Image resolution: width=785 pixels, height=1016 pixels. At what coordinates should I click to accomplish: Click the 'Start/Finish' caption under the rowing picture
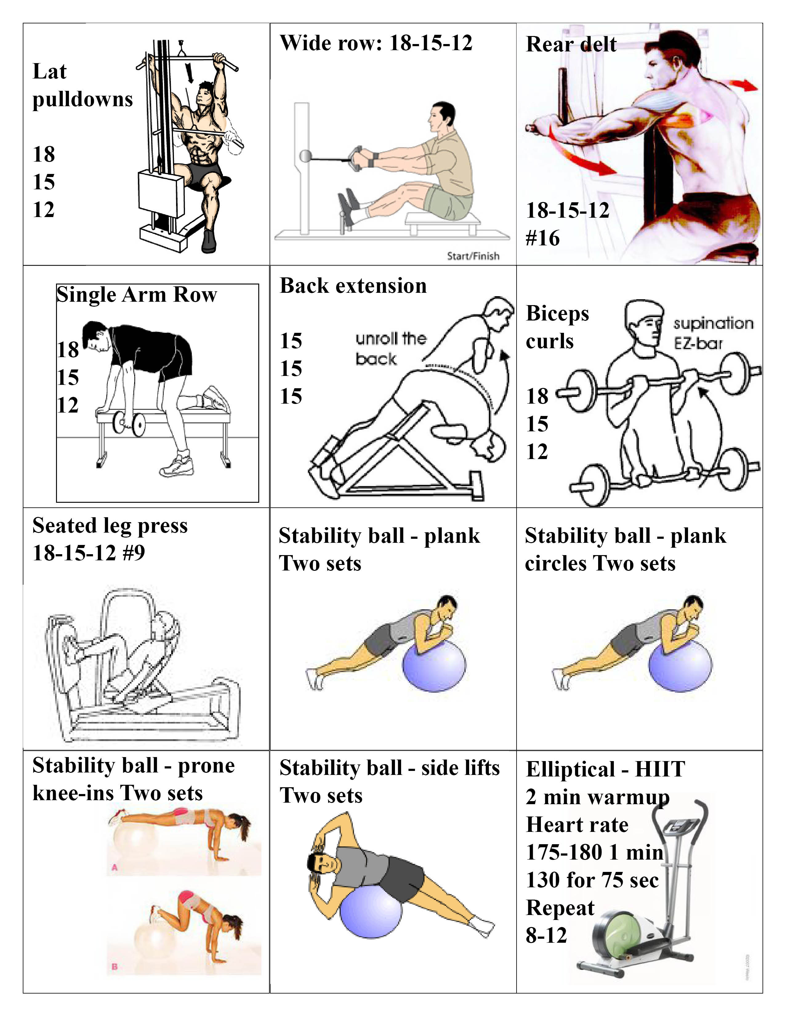[473, 256]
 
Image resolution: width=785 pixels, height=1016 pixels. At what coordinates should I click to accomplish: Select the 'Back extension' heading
[353, 286]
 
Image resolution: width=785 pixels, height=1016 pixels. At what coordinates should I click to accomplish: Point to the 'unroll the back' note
[391, 349]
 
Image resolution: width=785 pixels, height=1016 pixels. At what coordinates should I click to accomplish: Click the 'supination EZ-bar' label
[713, 333]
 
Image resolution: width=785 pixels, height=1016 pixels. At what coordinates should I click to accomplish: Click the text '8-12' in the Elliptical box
[546, 936]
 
